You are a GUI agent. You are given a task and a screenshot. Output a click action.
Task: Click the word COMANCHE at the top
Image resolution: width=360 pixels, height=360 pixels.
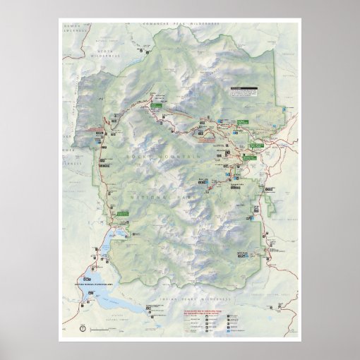155,24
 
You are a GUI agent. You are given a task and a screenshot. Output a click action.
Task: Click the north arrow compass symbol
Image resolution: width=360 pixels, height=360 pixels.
83,328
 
